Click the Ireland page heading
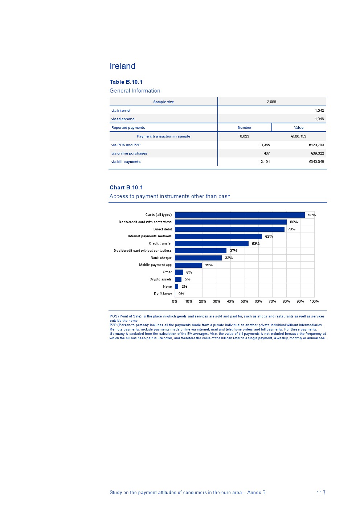[x=122, y=66]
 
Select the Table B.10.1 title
[x=126, y=82]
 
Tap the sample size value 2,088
[x=271, y=102]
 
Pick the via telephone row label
[x=123, y=119]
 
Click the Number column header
[x=244, y=128]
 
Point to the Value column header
[x=299, y=128]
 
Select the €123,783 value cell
[x=316, y=145]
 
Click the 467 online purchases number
[x=266, y=153]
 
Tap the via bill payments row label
[x=126, y=162]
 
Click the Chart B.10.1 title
[x=126, y=188]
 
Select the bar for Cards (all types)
[x=240, y=215]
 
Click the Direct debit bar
[x=229, y=229]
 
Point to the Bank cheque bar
[x=198, y=258]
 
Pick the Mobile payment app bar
[x=188, y=265]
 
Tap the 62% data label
[x=269, y=237]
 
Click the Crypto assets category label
[x=160, y=279]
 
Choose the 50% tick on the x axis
[x=245, y=301]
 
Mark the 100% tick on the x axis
[x=314, y=301]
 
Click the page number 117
[x=321, y=493]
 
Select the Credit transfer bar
[x=212, y=244]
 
